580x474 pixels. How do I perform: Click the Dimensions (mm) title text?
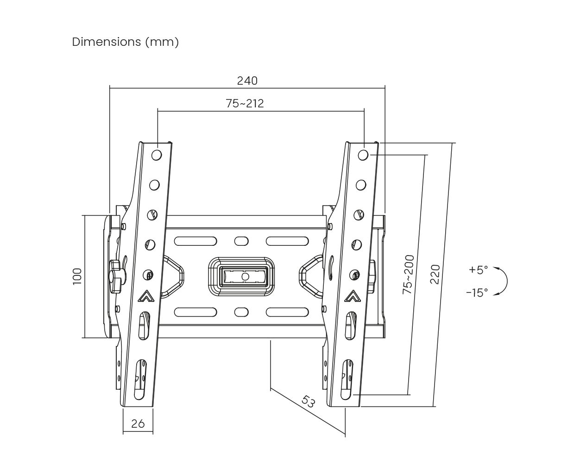pos(126,42)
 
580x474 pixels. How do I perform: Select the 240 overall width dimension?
pos(247,81)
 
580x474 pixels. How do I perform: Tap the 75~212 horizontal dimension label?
pos(245,104)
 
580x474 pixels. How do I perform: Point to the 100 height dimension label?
pos(77,276)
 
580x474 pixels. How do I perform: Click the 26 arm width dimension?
pos(138,424)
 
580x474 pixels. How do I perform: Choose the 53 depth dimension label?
pos(308,401)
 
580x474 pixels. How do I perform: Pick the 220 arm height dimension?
pos(435,274)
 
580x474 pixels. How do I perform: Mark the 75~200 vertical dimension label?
pos(409,274)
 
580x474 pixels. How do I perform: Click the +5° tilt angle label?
pos(478,270)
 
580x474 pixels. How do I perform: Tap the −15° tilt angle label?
pos(477,293)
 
